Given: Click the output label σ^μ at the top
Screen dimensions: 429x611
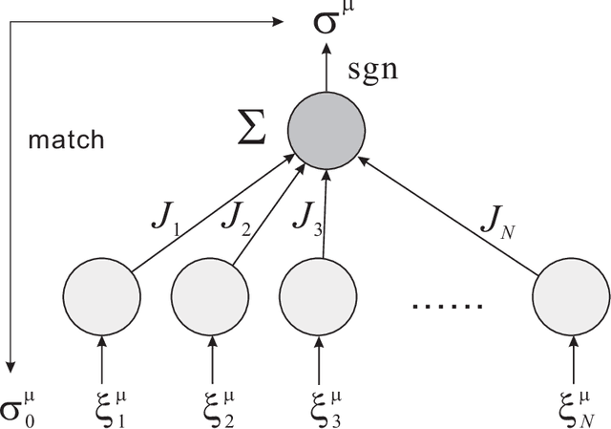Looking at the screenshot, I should [333, 20].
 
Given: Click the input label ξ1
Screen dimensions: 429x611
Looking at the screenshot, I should [104, 406].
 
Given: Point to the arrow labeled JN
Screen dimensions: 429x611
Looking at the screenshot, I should [449, 205].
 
